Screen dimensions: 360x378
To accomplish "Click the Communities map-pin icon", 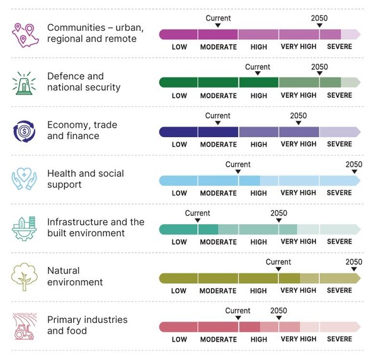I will tap(25, 34).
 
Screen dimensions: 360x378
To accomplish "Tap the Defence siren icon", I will tap(25, 82).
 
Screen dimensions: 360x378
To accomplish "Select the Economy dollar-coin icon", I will tap(25, 131).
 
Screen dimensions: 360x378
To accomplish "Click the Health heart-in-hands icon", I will tap(25, 179).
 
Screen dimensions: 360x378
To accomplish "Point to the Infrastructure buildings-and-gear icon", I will tap(25, 228).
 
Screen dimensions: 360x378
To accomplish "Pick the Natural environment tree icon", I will tap(25, 276).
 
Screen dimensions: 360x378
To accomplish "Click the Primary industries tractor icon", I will tap(25, 325).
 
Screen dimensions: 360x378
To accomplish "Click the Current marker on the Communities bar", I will tap(218, 25).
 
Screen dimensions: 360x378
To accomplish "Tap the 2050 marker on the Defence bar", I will tap(319, 74).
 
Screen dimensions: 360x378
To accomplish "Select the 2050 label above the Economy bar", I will tap(298, 116).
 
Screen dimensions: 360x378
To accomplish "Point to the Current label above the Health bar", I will tap(238, 164).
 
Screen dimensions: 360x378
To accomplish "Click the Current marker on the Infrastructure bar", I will tap(198, 220).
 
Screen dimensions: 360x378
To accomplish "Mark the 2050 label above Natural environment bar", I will tap(354, 262).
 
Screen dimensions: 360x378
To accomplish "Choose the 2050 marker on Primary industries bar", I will tap(278, 318).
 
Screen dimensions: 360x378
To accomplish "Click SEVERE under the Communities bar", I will tap(340, 47).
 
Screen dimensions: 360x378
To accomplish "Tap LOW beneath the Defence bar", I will tap(180, 96).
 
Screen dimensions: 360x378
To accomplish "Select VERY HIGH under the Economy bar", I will tap(299, 144).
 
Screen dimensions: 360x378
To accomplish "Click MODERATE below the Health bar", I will tap(219, 193).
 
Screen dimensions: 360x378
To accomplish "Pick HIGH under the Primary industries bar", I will tap(259, 339).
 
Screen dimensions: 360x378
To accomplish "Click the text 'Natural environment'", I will tap(75, 276).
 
